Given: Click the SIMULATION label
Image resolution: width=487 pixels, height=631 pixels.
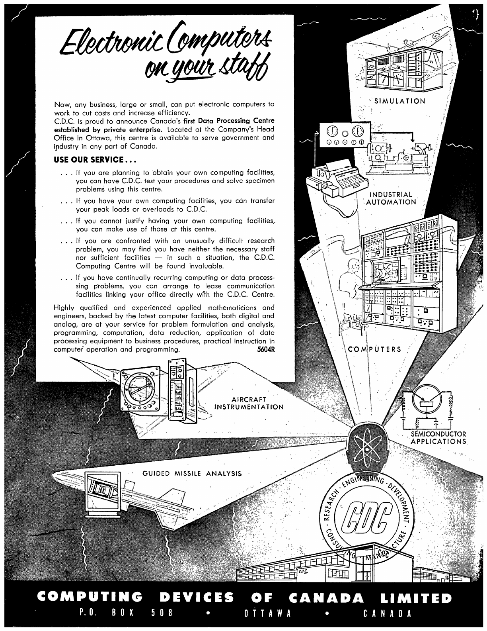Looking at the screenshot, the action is [x=400, y=101].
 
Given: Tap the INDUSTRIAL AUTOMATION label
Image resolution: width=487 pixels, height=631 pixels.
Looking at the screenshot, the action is [x=391, y=198].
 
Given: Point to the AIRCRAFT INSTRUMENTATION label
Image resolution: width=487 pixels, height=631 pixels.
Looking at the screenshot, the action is [x=249, y=403].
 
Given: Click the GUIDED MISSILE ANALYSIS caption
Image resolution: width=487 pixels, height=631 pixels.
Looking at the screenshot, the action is [x=192, y=474].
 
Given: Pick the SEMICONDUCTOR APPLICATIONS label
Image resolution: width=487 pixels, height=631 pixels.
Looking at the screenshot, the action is [x=438, y=437].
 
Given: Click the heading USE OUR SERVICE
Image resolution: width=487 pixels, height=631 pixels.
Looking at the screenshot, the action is [x=95, y=160].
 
